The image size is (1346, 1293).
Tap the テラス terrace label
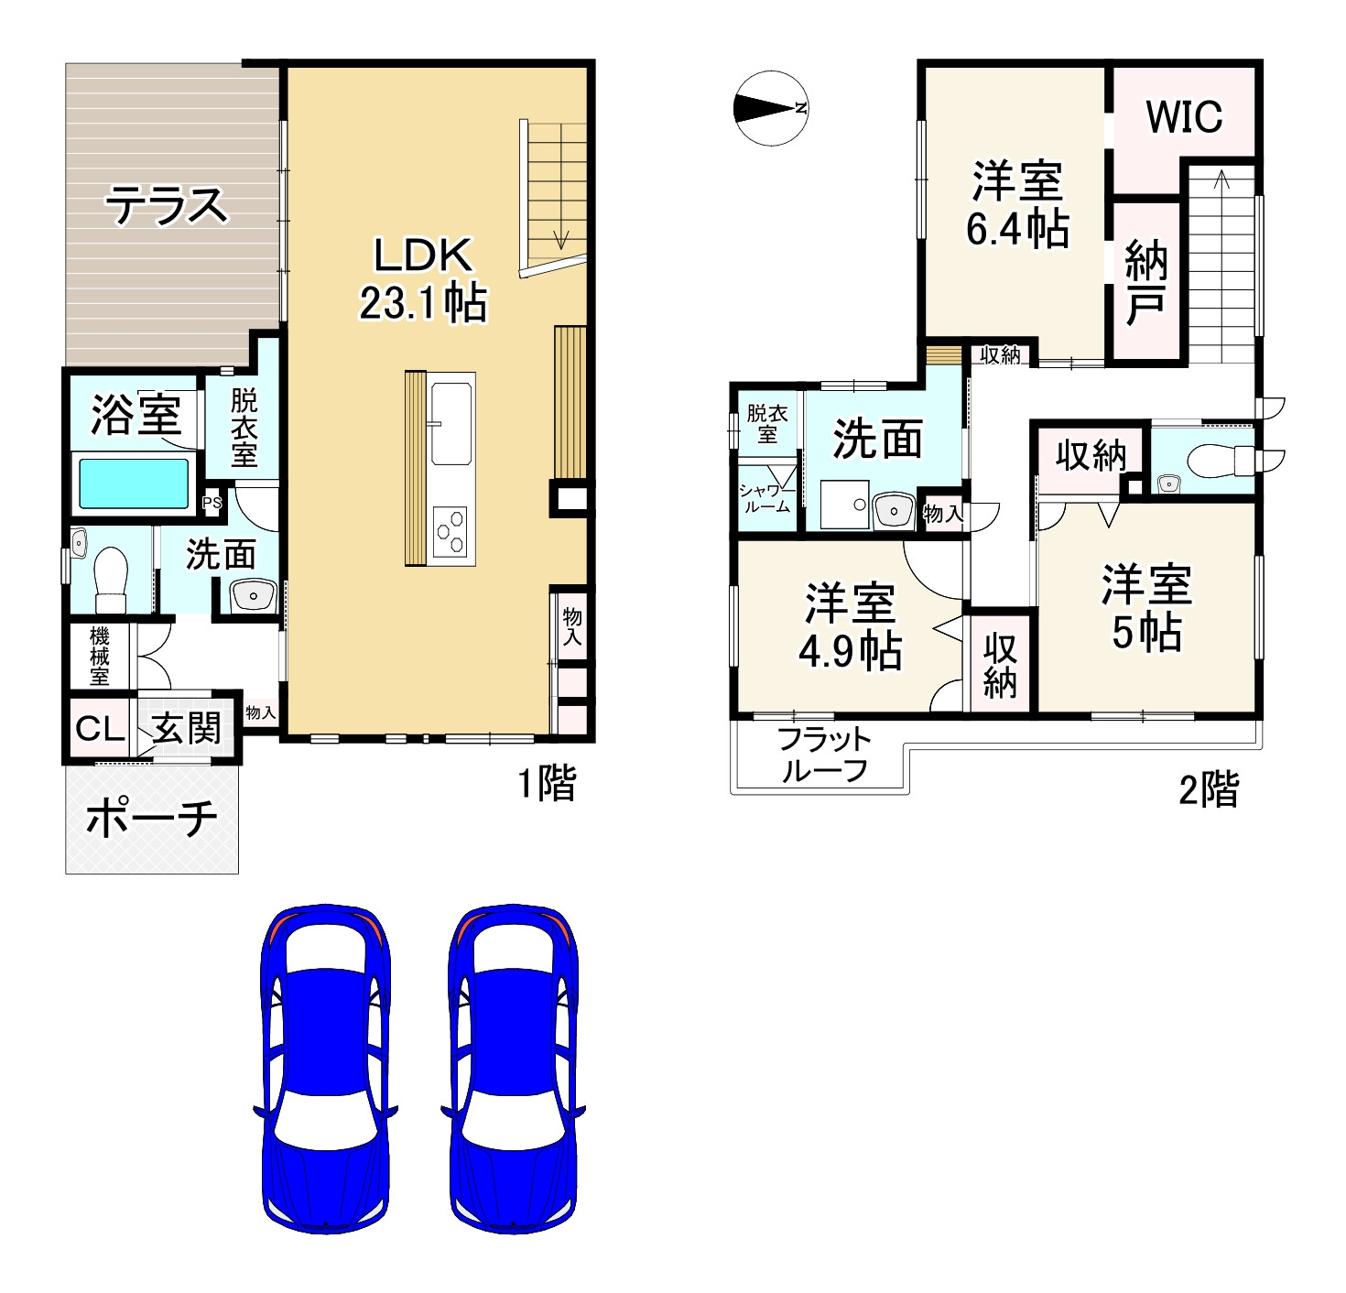tap(168, 205)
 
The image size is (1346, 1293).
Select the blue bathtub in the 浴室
tap(134, 484)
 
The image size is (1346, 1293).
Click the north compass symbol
tap(771, 108)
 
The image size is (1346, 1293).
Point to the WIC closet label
tap(1183, 117)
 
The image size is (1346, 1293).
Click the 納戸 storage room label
tap(1145, 281)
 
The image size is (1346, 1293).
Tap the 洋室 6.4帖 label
tap(1017, 204)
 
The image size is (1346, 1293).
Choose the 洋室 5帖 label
tap(1146, 609)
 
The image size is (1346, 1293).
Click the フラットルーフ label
tap(822, 755)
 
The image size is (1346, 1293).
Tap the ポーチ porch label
tap(151, 818)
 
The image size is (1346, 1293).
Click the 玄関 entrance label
tap(188, 729)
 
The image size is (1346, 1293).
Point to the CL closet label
tap(100, 729)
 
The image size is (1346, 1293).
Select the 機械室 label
tap(100, 656)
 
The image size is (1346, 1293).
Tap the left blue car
tap(327, 1067)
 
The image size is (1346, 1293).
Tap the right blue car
tap(513, 1067)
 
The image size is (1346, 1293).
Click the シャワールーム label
tap(766, 497)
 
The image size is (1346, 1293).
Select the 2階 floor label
tap(1208, 789)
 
